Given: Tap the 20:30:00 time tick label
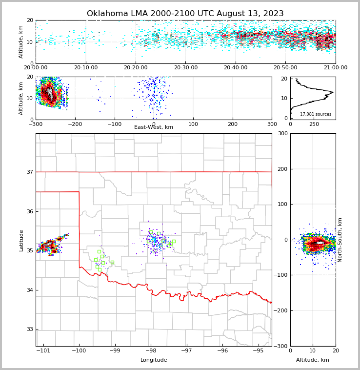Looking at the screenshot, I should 185,68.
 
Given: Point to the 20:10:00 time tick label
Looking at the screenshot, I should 86,68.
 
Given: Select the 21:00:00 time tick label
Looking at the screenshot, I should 335,68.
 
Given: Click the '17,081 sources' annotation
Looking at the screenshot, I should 316,114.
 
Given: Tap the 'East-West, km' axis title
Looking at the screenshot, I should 154,127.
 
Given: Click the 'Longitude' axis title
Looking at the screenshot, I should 154,360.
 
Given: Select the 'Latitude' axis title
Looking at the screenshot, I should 21,240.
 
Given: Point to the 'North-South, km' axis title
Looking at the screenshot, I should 340,240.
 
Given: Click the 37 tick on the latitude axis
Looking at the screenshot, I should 30,172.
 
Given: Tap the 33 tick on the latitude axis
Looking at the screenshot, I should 30,329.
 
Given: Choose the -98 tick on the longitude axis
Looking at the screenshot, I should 151,351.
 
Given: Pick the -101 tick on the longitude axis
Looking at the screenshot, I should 43,351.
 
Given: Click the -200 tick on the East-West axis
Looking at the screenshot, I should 75,124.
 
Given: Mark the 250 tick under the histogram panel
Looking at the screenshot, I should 314,124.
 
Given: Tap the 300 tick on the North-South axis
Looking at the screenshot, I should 281,133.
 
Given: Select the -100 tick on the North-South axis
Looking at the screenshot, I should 280,275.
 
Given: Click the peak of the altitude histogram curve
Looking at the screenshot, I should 333,92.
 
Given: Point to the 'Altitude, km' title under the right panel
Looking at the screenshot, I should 313,360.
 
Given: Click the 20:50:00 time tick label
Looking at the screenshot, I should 285,68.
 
